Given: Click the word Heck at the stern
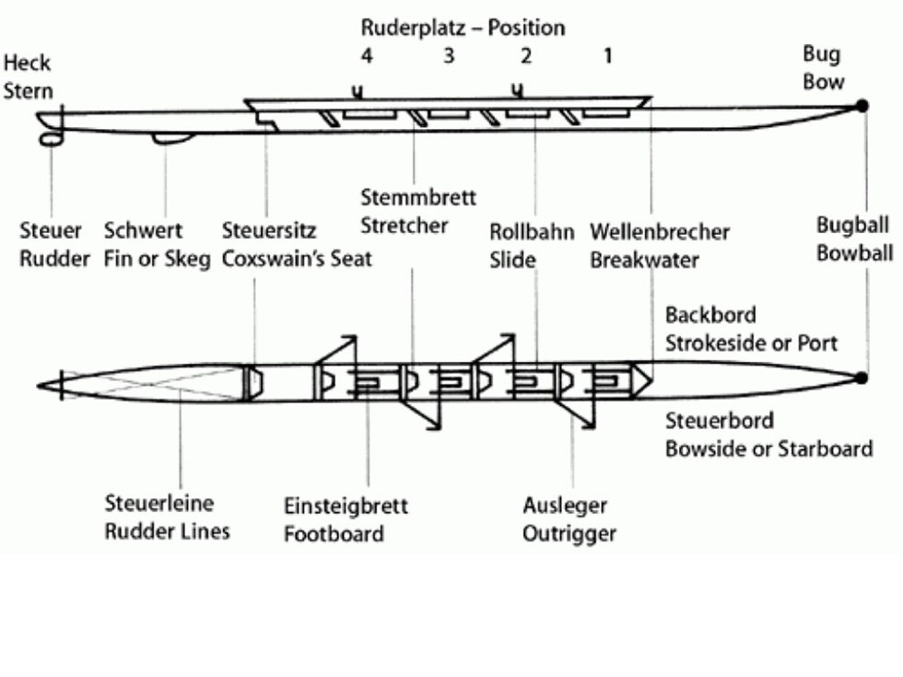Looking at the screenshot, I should tap(27, 64).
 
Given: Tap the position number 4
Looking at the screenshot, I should tap(367, 56).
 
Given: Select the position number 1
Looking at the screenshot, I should tap(607, 56).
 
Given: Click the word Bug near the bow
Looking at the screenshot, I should tap(821, 55).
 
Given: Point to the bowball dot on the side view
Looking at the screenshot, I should tap(862, 106).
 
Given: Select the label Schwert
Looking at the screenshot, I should tap(143, 230).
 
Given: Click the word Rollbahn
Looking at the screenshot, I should tap(532, 232).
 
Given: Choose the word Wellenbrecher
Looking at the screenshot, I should tap(660, 231).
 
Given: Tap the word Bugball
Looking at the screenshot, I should tap(853, 225).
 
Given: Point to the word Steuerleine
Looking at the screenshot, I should tap(158, 504).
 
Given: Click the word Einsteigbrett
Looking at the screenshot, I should tap(346, 507).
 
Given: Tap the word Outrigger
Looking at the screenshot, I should tap(569, 533).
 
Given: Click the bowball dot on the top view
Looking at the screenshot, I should tap(862, 378).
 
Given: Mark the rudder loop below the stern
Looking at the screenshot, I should tap(51, 137).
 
